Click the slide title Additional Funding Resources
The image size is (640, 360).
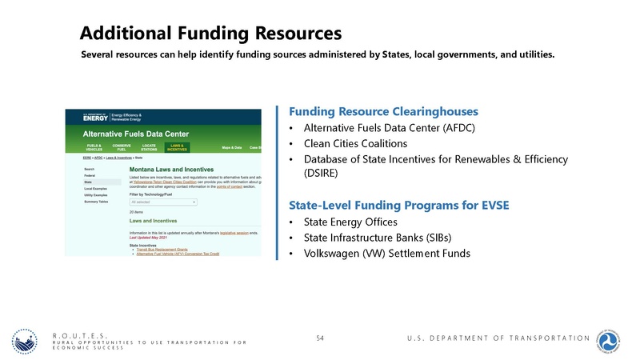pyautogui.click(x=211, y=34)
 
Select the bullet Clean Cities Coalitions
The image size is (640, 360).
pyautogui.click(x=355, y=144)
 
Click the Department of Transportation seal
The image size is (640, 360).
pyautogui.click(x=612, y=340)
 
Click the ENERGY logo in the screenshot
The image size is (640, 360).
pyautogui.click(x=94, y=117)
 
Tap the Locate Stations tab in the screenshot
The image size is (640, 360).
pyautogui.click(x=150, y=148)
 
